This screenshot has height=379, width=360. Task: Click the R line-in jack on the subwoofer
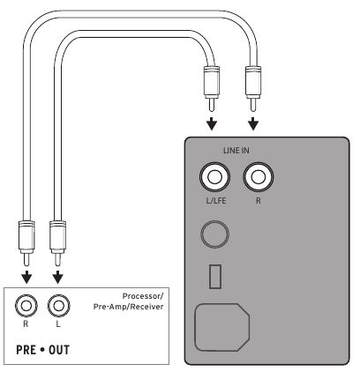(257, 179)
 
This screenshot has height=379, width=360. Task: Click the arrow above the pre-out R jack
(26, 277)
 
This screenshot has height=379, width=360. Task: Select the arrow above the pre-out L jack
(58, 277)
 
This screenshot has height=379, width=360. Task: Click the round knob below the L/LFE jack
(215, 234)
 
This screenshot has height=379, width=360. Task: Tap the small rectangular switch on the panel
(214, 276)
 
